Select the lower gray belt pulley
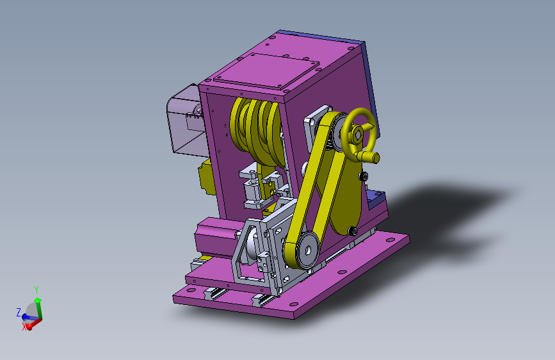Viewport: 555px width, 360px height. (x=307, y=250)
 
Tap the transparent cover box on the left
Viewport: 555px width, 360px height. (x=185, y=120)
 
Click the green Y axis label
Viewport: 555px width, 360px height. (x=36, y=290)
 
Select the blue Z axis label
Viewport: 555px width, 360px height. (x=19, y=312)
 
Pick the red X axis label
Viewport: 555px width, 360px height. (x=24, y=327)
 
